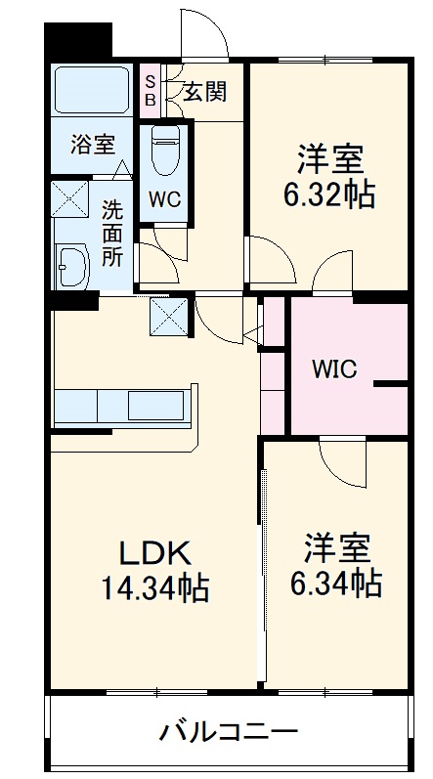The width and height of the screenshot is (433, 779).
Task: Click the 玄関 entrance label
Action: tap(204, 92)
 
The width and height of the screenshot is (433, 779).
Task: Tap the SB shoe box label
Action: tap(151, 90)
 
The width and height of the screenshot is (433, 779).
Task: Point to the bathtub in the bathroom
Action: tap(91, 90)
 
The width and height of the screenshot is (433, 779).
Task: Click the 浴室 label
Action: tap(92, 144)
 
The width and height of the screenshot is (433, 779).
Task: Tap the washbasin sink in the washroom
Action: tap(73, 262)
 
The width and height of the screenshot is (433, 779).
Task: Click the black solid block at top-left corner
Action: tap(78, 39)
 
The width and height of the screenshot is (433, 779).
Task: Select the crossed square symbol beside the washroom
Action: tap(70, 197)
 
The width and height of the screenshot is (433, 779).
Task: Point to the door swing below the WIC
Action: tap(341, 462)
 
